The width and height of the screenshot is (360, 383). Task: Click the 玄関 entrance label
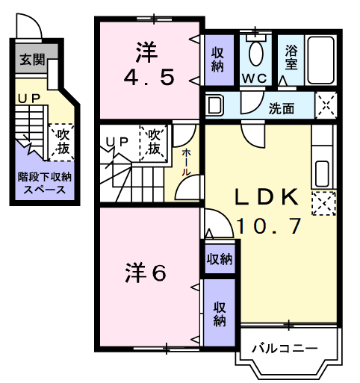point(32,60)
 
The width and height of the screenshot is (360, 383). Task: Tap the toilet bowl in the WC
point(256,53)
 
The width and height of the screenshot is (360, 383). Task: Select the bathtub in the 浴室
point(320,60)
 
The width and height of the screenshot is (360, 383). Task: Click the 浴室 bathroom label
point(291,57)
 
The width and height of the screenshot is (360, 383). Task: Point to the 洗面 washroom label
point(282,109)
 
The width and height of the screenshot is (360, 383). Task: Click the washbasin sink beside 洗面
point(214,105)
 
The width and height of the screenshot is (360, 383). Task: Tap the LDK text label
point(267,197)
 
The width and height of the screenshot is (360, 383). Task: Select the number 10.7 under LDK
point(269,226)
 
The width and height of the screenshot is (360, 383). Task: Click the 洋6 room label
point(146,273)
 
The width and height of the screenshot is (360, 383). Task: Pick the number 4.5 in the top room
point(149,78)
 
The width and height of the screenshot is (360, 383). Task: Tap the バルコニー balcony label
point(285,349)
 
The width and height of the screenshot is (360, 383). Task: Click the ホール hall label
point(185,163)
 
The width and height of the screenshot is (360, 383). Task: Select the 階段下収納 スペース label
point(45,184)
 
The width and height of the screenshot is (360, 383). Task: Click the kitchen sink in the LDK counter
point(322,174)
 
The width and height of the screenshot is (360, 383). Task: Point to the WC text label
point(255,79)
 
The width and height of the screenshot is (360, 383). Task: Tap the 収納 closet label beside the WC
point(217,60)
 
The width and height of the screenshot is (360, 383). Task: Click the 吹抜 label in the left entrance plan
point(63,142)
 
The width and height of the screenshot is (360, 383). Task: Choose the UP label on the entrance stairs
point(29,99)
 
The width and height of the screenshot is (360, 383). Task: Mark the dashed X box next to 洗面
point(326,105)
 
